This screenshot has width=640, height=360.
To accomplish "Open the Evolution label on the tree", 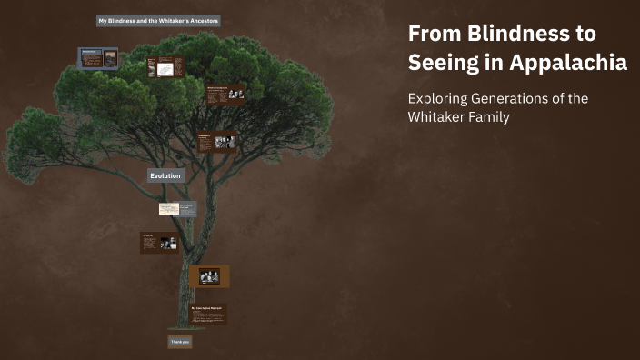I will coord(165,175).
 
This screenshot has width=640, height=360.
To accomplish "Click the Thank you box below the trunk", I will coord(179,342).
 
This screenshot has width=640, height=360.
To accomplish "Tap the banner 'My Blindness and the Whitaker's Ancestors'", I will coord(159,20).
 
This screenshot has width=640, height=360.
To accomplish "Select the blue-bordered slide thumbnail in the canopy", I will coord(98,58).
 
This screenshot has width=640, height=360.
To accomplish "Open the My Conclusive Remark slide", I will coord(208,315).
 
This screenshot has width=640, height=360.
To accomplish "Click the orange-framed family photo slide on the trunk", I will coord(209,276).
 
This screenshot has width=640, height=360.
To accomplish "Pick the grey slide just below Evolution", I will coord(177,208).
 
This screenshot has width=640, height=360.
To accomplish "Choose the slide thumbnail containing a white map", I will coord(165,68).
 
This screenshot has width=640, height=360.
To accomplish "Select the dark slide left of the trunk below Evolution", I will coord(159,243).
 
